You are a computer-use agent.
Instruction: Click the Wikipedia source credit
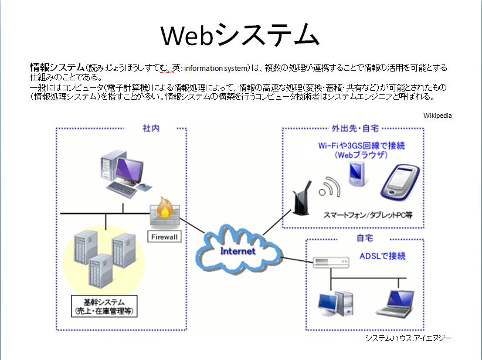pyautogui.click(x=437, y=116)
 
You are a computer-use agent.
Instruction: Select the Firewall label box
pyautogui.click(x=164, y=237)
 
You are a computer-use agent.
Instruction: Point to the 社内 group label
pyautogui.click(x=151, y=128)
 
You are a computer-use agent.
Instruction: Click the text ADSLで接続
pyautogui.click(x=382, y=256)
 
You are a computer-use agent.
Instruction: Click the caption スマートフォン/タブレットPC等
pyautogui.click(x=368, y=215)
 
